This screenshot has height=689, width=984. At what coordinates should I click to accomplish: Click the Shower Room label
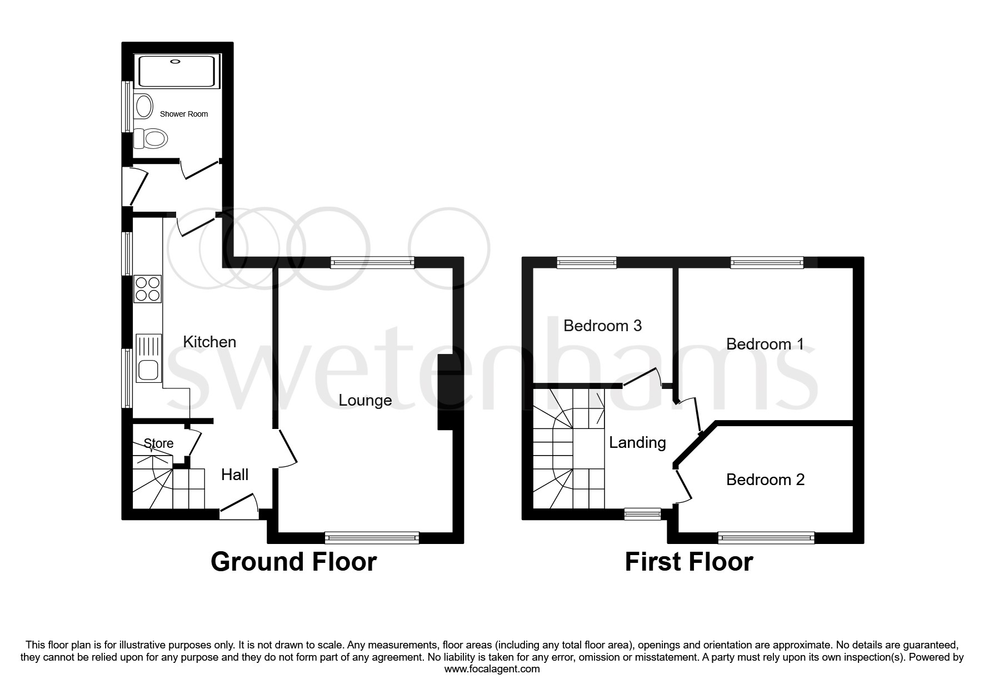183,114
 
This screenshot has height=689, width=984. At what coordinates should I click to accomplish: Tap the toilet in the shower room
151,138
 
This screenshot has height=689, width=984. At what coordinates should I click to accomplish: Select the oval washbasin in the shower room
144,106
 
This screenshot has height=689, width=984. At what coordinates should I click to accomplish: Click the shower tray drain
177,62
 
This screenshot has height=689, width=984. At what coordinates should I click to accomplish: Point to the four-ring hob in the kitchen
148,289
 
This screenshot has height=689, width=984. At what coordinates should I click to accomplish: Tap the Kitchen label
209,342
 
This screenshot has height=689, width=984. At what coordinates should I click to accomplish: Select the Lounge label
365,400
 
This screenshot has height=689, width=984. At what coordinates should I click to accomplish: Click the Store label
158,443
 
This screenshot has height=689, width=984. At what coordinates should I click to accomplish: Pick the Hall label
234,475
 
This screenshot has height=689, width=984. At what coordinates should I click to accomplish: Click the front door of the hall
239,508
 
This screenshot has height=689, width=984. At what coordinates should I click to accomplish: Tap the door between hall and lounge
286,448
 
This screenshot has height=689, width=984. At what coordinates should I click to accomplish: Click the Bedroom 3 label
602,325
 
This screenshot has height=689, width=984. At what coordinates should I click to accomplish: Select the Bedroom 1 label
765,344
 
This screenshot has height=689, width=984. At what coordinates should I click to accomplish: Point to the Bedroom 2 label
765,480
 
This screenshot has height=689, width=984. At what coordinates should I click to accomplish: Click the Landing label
637,442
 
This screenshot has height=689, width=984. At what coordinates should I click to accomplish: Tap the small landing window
642,514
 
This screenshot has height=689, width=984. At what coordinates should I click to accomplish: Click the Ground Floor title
293,562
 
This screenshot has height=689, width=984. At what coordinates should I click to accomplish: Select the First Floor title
688,562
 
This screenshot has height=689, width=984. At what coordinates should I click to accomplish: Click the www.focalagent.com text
492,669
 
